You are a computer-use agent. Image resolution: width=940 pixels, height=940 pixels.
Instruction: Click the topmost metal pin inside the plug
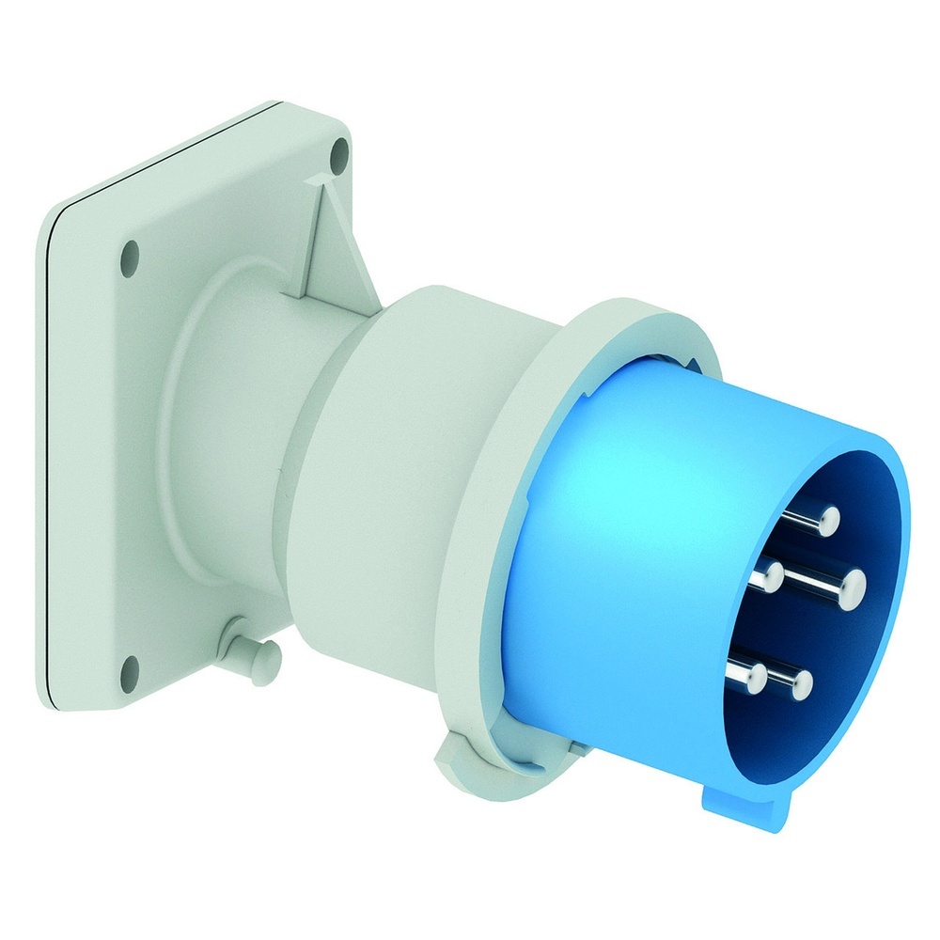[827, 518]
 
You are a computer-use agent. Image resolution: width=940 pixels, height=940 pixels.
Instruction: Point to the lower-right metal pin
[800, 681]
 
